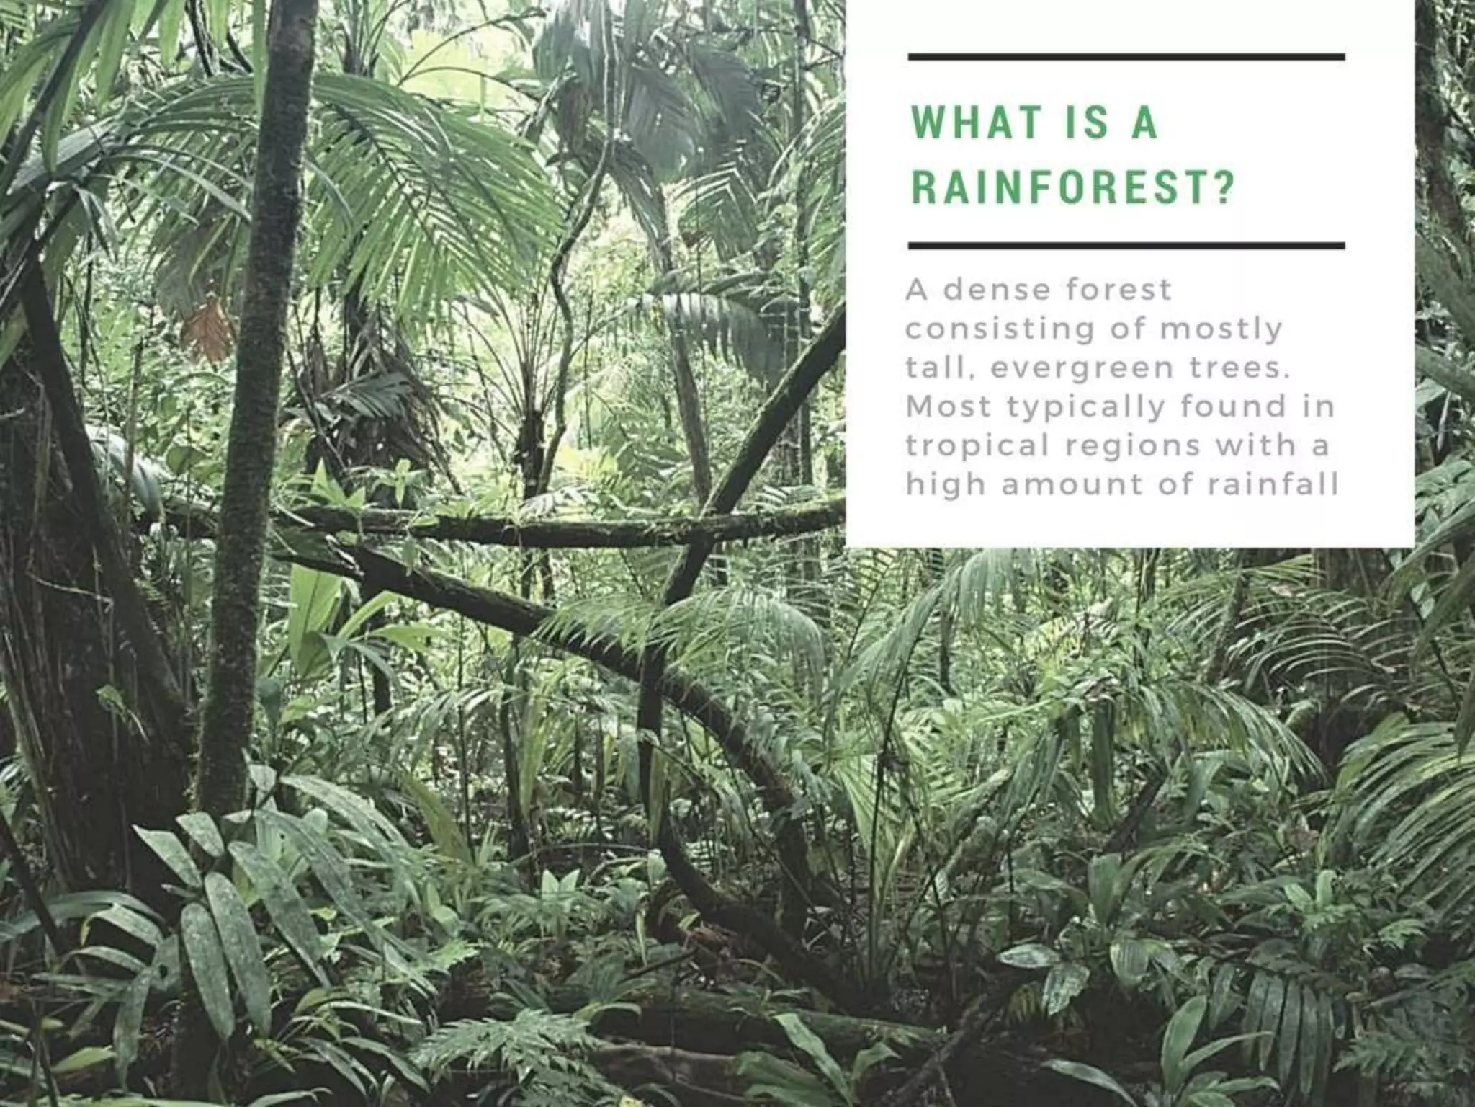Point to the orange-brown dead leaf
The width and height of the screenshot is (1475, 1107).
pyautogui.click(x=208, y=328)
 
